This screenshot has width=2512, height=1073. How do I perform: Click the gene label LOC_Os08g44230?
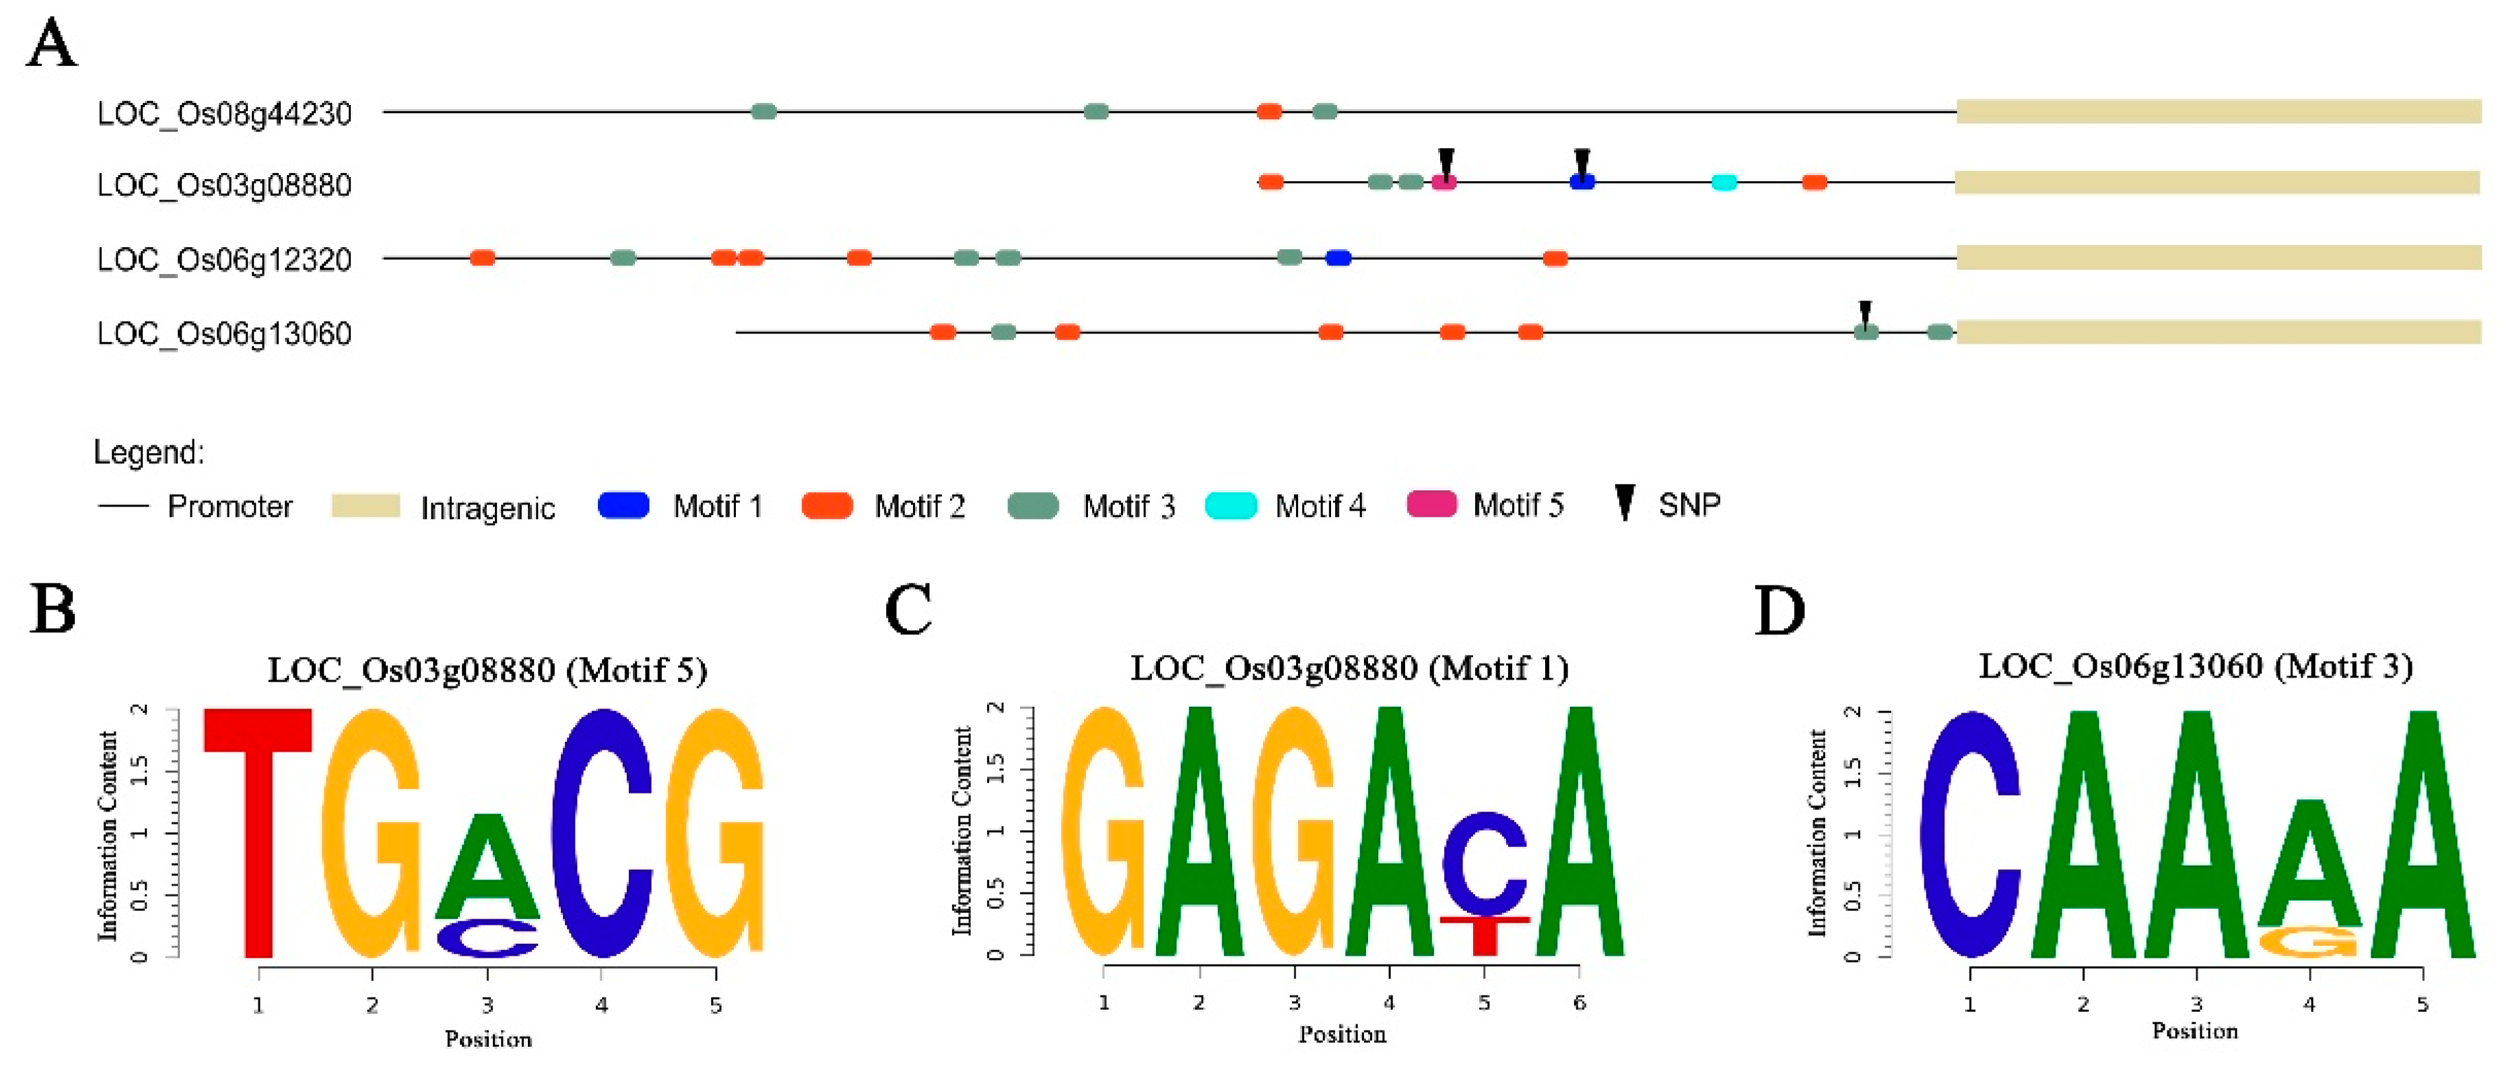(224, 114)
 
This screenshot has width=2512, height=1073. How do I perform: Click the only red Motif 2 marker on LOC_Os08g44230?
(1268, 111)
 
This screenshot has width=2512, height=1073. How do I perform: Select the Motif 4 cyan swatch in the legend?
(1231, 505)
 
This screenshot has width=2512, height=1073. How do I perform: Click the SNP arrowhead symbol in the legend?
(1625, 502)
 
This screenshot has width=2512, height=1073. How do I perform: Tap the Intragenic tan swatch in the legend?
(366, 505)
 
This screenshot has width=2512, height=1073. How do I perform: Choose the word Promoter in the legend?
(230, 507)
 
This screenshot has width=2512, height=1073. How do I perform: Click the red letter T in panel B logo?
(259, 829)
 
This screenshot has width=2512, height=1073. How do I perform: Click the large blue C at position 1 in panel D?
(1970, 834)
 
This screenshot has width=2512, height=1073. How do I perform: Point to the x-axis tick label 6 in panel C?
(1579, 1003)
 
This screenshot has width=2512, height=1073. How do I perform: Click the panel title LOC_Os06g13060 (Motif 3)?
(2195, 668)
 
